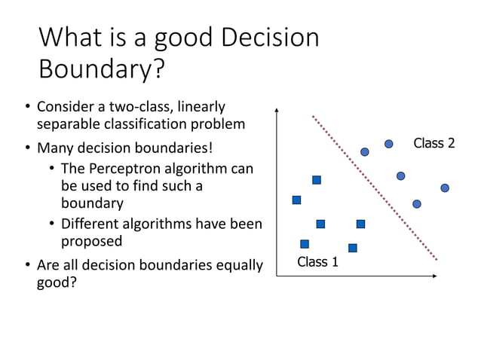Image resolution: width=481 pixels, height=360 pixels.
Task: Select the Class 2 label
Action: [434, 143]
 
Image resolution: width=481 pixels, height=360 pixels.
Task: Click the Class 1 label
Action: [317, 262]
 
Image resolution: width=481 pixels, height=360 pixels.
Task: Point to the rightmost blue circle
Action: [445, 188]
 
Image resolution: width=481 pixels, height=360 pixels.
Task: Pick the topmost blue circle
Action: [389, 144]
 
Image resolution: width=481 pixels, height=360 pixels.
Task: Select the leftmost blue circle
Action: [365, 152]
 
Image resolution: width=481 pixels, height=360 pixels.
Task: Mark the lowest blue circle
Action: [417, 204]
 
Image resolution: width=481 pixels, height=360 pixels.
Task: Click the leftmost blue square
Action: [296, 200]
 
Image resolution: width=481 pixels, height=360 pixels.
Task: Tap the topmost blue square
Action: [317, 180]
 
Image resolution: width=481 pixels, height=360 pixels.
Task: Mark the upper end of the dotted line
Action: [313, 116]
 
